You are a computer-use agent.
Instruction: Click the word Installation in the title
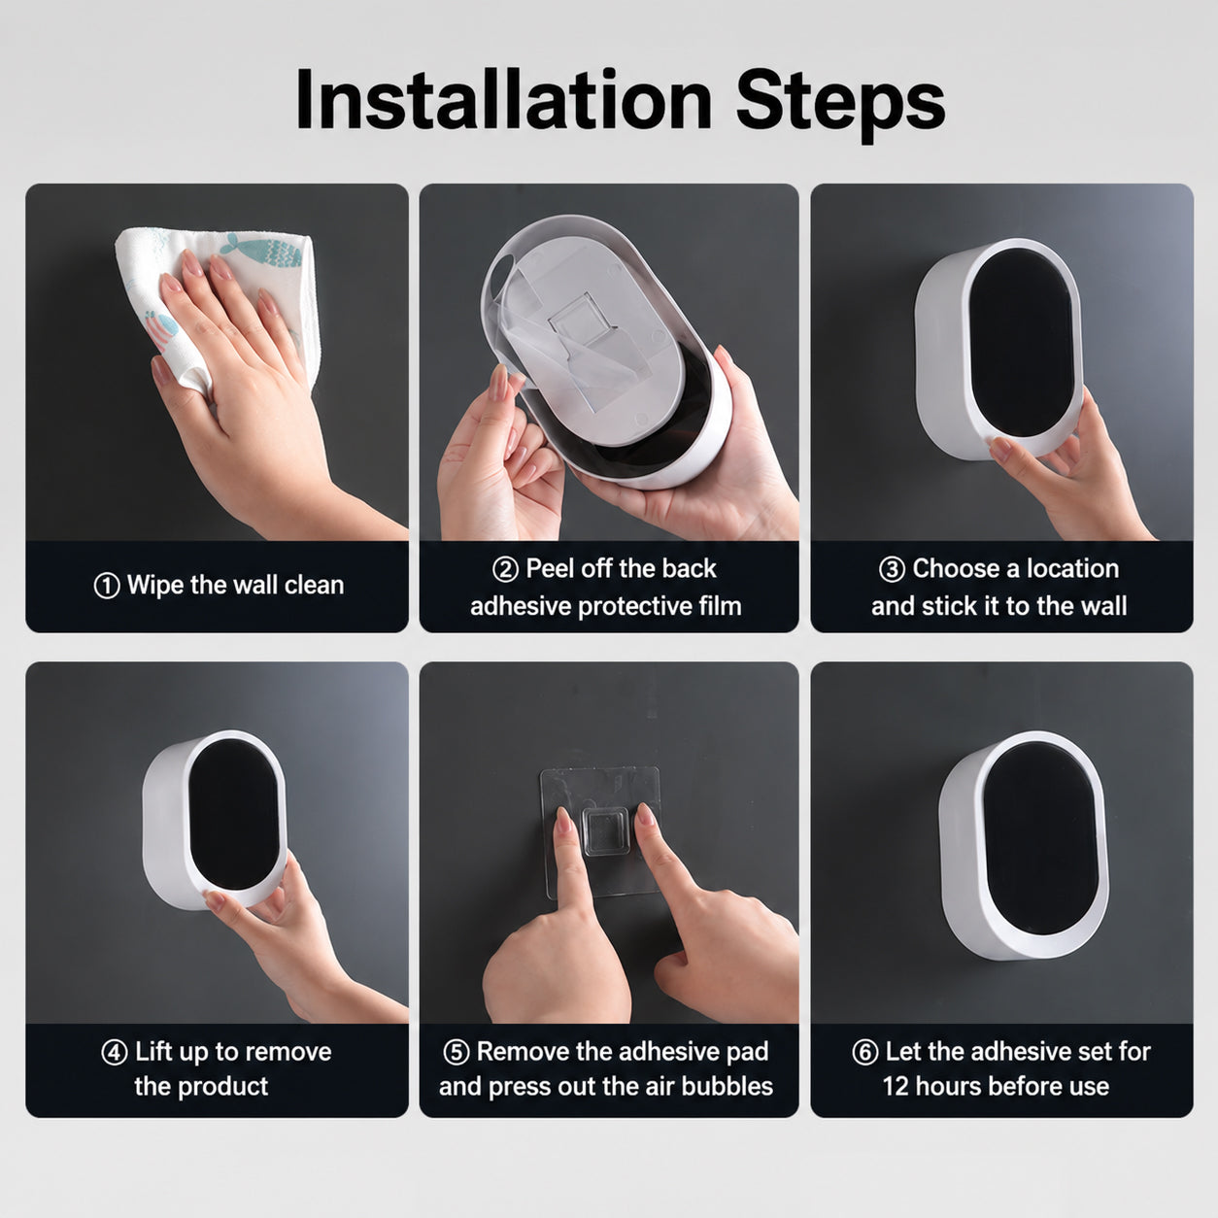(504, 100)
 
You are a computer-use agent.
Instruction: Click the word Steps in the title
(840, 105)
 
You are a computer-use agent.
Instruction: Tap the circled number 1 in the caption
(106, 586)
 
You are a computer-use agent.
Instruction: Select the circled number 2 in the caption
(505, 569)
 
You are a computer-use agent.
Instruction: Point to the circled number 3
(892, 569)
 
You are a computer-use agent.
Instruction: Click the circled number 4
(115, 1053)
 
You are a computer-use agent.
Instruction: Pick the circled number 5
(457, 1053)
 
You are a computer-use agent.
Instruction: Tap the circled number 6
(864, 1053)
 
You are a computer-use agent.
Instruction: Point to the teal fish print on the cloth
(265, 251)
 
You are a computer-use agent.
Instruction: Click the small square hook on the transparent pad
(605, 831)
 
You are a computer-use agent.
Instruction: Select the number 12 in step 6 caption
(896, 1087)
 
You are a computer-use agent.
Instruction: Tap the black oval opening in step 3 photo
(1022, 341)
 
